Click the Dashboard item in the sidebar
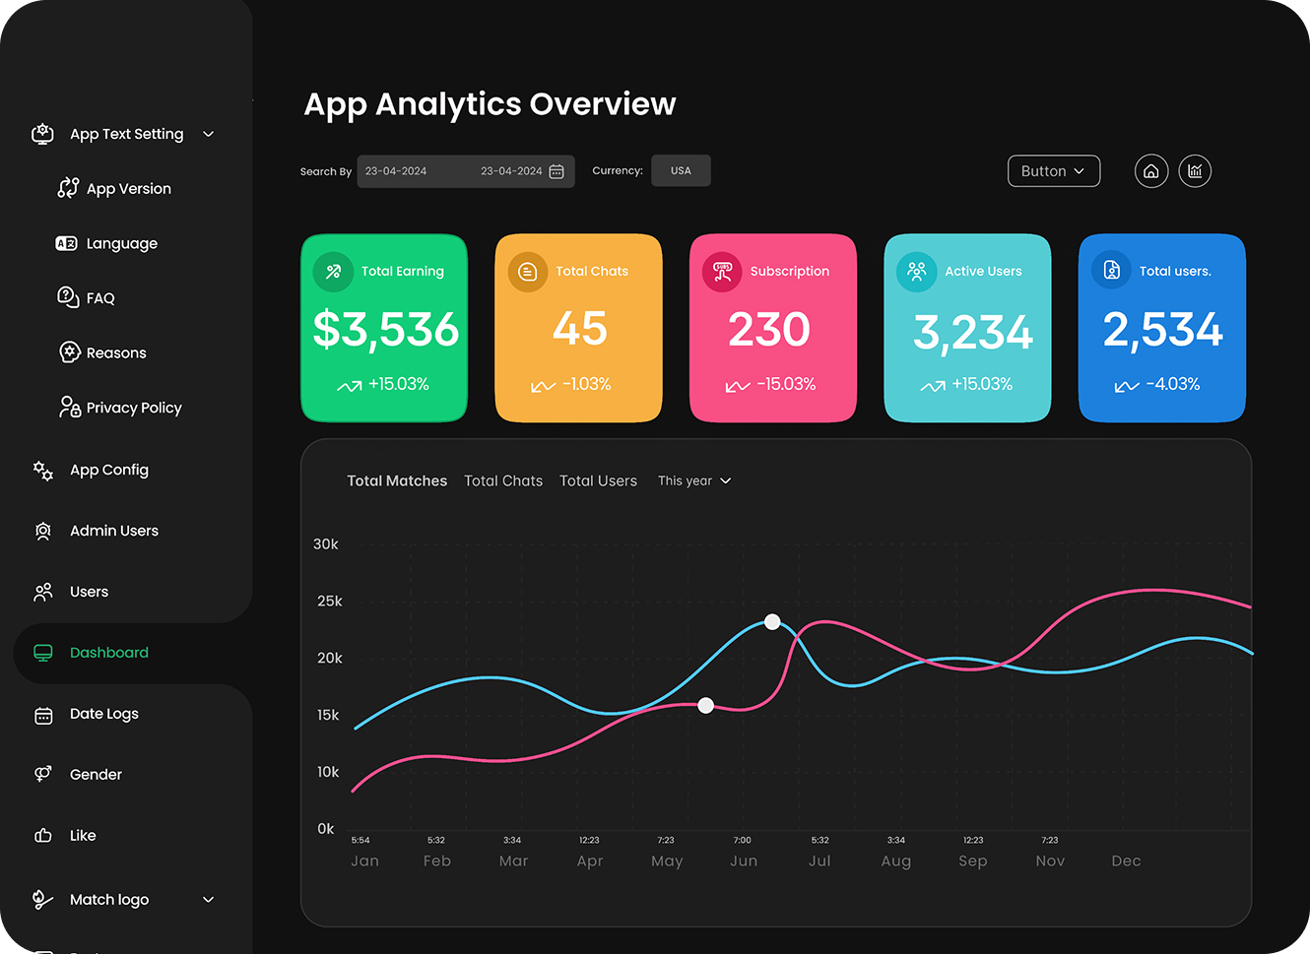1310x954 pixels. pos(108,653)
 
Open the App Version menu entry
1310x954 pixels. pos(128,189)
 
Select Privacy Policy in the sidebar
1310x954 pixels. pos(133,408)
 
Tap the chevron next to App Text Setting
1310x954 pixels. pos(208,134)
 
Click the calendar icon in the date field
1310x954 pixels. pos(557,171)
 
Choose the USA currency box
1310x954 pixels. pos(681,170)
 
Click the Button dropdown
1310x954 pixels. pos(1053,171)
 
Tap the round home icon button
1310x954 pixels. pos(1150,171)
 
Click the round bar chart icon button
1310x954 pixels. pos(1195,171)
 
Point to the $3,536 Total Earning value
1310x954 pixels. pos(385,329)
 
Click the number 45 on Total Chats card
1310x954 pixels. pos(579,329)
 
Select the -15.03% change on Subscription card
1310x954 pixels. pos(785,384)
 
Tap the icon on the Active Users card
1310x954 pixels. pos(916,271)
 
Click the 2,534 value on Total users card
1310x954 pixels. pos(1162,329)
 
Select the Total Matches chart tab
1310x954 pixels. pos(397,480)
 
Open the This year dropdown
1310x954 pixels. pos(694,480)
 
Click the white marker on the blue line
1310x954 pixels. pos(772,621)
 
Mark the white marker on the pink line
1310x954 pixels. pos(705,705)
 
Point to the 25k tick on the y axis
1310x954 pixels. pos(329,601)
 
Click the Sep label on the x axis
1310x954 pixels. pos(972,860)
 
